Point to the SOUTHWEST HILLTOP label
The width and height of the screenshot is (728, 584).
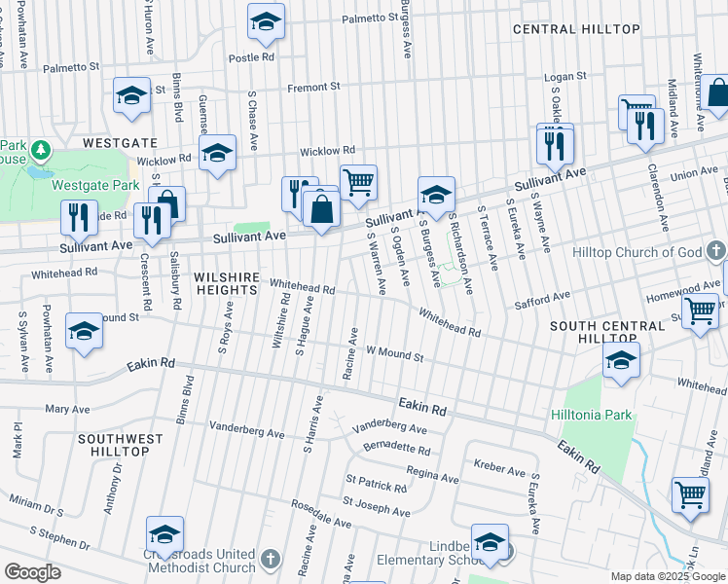(x=121, y=445)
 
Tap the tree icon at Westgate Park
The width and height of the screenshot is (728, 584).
(x=41, y=150)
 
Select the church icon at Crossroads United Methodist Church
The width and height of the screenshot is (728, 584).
(x=271, y=560)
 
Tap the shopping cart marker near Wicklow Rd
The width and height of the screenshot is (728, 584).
(x=358, y=181)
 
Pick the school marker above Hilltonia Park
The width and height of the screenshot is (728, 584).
(x=621, y=359)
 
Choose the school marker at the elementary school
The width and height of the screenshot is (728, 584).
(x=490, y=540)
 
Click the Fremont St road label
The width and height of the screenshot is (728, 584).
(x=313, y=87)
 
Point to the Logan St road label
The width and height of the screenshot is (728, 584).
(x=565, y=76)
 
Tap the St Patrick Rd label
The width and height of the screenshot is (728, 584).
(x=375, y=484)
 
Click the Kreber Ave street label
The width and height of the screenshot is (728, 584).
(x=501, y=470)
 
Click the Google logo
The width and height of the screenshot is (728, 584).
(x=33, y=572)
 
